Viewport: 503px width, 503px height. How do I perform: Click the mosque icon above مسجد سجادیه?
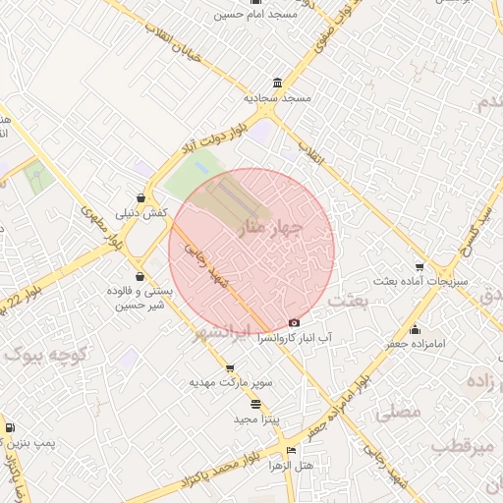(280, 83)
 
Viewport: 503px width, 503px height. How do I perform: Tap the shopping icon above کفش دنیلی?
(142, 197)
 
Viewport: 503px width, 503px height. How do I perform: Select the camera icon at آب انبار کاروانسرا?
(295, 322)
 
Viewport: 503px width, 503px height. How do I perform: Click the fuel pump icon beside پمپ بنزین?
(10, 427)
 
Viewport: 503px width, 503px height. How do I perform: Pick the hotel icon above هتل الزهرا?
(289, 451)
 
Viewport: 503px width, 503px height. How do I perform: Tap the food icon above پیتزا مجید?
(256, 404)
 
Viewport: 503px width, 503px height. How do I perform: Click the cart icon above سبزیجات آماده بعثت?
(420, 266)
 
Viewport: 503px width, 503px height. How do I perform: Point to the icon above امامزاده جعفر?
(416, 329)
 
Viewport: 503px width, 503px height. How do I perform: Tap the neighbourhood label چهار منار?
(270, 229)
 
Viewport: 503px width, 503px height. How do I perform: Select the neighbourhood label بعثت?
(349, 300)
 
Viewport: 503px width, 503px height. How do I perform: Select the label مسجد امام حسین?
(259, 15)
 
